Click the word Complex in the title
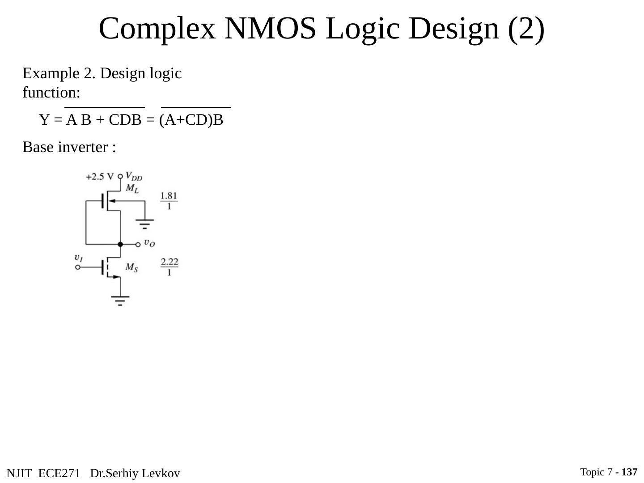click(157, 29)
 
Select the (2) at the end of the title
click(526, 29)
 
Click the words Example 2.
click(59, 73)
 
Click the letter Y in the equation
click(44, 120)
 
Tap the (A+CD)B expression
click(191, 120)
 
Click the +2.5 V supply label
click(100, 177)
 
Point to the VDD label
click(134, 176)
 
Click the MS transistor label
click(131, 267)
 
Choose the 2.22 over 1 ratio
click(169, 267)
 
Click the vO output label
click(149, 243)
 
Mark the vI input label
click(78, 258)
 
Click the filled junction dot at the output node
click(120, 244)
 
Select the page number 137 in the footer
click(629, 472)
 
